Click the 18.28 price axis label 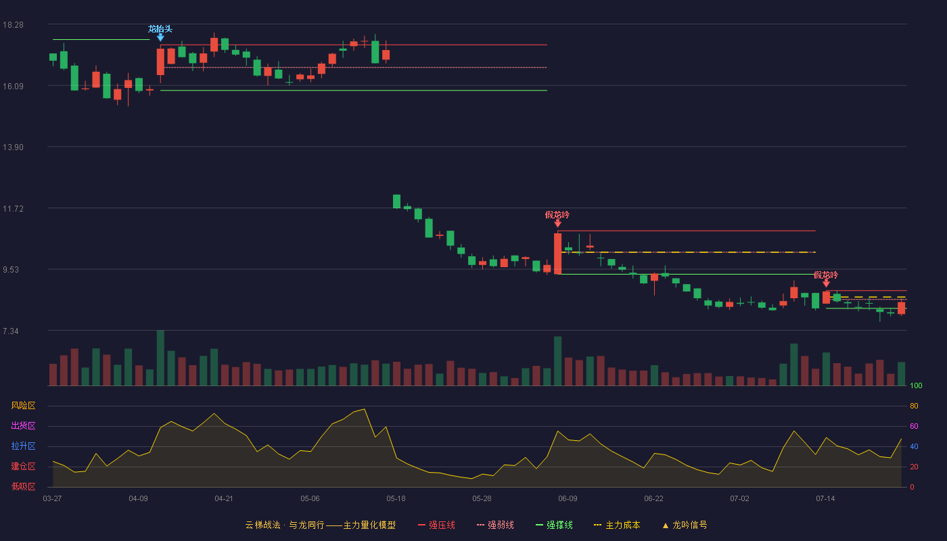pos(13,25)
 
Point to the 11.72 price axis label pos(13,209)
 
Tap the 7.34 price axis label pos(11,331)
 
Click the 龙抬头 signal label pos(160,28)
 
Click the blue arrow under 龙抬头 pos(160,38)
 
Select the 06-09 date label pos(568,499)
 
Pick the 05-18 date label pos(396,499)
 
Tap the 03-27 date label pos(53,499)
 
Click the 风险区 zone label pos(23,406)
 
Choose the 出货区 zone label pos(23,425)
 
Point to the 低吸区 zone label pos(23,486)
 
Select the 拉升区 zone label pos(23,446)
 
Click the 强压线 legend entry pos(436,525)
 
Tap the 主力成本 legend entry pos(617,525)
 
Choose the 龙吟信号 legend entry pos(685,525)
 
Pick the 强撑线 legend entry pos(554,525)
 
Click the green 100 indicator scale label pos(916,385)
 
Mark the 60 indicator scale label pos(914,426)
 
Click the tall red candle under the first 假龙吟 pos(557,254)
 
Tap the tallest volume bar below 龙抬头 pos(160,358)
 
